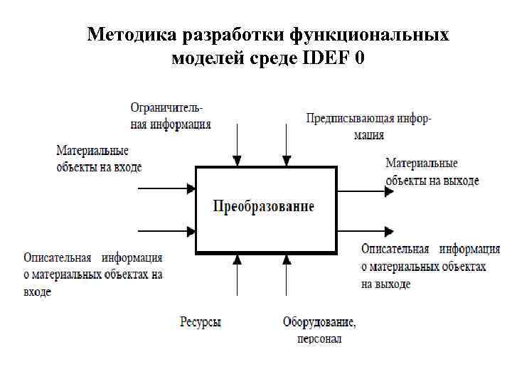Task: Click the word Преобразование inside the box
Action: click(x=264, y=207)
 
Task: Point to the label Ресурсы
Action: click(x=201, y=322)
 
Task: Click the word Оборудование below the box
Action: click(x=319, y=322)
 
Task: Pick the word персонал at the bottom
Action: click(x=319, y=338)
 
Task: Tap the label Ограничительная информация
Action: click(x=171, y=116)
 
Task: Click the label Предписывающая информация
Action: click(x=368, y=126)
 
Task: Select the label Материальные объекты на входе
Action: click(x=99, y=159)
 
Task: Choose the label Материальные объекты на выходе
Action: click(x=432, y=172)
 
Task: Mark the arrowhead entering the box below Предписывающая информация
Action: click(x=286, y=161)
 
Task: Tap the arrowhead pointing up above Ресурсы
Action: click(x=238, y=260)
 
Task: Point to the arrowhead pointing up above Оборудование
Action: click(x=287, y=260)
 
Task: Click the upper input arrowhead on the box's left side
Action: click(x=191, y=188)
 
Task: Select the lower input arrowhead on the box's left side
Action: click(x=191, y=230)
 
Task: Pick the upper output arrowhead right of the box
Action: click(x=388, y=190)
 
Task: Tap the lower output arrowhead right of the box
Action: click(x=388, y=231)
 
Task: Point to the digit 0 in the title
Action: click(x=359, y=58)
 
